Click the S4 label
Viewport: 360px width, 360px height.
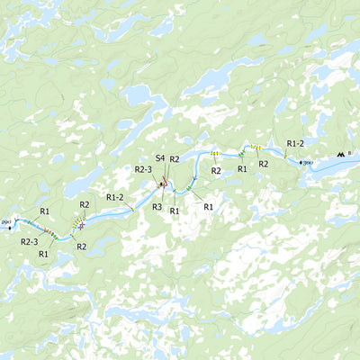[159, 158]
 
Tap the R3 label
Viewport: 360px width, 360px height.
[157, 206]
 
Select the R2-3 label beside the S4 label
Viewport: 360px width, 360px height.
[144, 168]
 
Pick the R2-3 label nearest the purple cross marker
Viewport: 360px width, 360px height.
[29, 241]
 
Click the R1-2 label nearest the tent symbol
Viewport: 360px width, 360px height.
[295, 143]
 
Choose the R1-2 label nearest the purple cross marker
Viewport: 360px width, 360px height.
[115, 196]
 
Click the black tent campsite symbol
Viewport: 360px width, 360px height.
[339, 156]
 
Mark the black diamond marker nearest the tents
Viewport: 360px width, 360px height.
[301, 163]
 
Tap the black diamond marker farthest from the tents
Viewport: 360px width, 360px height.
[10, 227]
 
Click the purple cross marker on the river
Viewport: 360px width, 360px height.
[81, 226]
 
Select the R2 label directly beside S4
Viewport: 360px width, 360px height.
[175, 159]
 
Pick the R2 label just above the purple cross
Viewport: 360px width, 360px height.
[85, 205]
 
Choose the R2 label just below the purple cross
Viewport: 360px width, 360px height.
[81, 246]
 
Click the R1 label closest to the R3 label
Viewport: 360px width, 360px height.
[175, 211]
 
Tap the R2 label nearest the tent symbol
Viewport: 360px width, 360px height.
[264, 164]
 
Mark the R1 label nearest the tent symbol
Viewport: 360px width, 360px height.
[242, 168]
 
